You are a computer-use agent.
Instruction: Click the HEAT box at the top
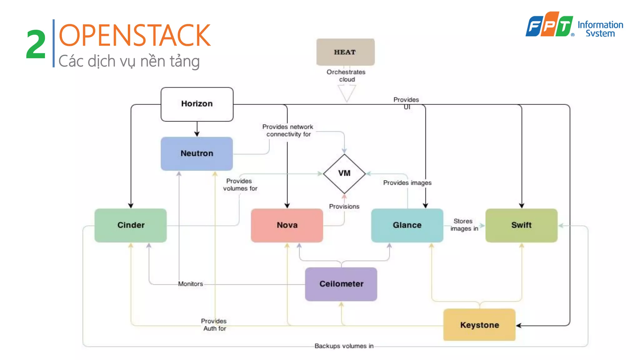click(345, 52)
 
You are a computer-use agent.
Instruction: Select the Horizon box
click(197, 104)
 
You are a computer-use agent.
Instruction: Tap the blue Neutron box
click(197, 153)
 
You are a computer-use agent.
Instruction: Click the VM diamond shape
click(344, 173)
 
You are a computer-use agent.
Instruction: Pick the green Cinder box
click(131, 225)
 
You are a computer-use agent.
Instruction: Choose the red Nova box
click(287, 225)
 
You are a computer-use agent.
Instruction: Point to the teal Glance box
click(407, 225)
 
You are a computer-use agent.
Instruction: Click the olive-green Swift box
click(521, 225)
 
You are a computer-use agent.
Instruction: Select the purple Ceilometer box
click(341, 284)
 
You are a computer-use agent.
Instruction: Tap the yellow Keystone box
click(479, 325)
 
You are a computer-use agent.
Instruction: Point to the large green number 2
click(36, 44)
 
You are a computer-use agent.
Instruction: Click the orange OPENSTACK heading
click(134, 35)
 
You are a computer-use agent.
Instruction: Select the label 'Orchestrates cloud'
click(346, 76)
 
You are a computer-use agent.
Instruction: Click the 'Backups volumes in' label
click(344, 346)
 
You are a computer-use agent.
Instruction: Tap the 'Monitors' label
click(190, 284)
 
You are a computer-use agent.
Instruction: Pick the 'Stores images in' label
click(464, 225)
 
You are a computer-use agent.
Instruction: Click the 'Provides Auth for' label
click(214, 325)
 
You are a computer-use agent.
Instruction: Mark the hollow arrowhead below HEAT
click(347, 93)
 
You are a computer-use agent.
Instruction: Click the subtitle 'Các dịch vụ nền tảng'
click(129, 61)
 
